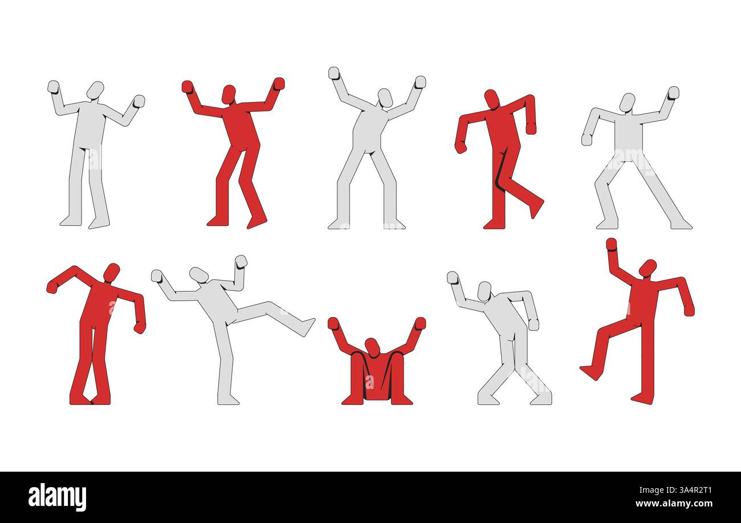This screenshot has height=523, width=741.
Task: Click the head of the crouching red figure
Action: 372,347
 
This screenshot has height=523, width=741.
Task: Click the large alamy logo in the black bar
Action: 57,497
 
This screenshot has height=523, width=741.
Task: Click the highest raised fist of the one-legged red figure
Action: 611,244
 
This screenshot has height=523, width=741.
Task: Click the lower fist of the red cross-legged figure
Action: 139,327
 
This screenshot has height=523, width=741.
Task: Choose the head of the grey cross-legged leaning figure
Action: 484,290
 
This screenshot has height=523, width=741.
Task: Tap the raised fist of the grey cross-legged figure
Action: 453,277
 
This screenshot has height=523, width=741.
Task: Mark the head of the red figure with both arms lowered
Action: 491,99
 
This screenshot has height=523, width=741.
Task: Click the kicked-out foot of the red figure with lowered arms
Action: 536,208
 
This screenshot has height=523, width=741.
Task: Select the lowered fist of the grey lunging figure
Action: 587,139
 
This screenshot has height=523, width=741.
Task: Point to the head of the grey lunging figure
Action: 627,102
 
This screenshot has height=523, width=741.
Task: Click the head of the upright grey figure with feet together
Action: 95,90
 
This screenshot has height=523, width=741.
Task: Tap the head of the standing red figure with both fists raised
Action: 229,94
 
